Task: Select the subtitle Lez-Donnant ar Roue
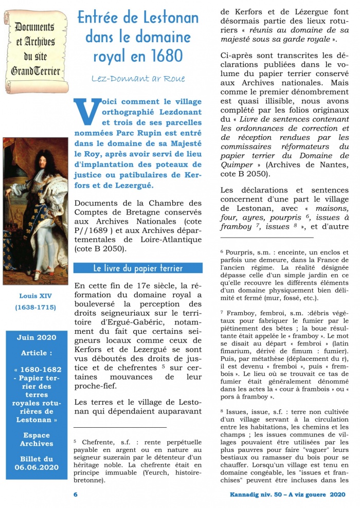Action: (x=138, y=79)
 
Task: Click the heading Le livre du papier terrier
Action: (x=138, y=268)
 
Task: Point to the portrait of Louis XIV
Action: (x=35, y=211)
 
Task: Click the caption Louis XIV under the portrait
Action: (x=35, y=296)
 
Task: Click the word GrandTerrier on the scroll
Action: (x=36, y=71)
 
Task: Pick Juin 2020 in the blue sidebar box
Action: (x=35, y=337)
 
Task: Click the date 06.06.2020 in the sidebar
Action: (x=36, y=467)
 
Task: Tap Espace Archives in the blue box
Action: (x=36, y=439)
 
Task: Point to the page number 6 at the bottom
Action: (x=76, y=495)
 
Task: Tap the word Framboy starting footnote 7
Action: (x=240, y=313)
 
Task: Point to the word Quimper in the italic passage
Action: (x=236, y=165)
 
